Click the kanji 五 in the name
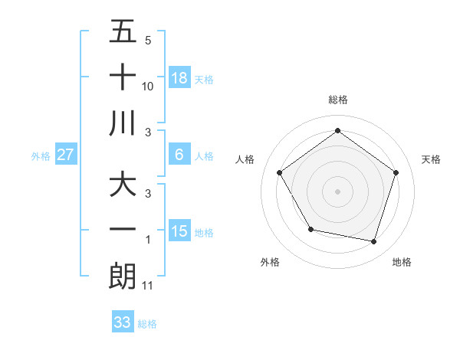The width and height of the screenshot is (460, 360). coord(123,32)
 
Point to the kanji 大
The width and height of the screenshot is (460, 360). coord(123,185)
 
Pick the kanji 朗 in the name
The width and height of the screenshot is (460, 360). coord(123,276)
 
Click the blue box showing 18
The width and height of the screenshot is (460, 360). coord(179,77)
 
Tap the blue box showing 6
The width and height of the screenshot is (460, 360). coord(179,155)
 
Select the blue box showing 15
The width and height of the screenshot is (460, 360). coord(179,231)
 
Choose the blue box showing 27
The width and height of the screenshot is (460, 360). coord(66,155)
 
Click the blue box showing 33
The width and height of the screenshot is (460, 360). coord(123,322)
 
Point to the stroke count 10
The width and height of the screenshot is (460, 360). coord(148,86)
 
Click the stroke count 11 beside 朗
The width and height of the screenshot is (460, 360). coord(148,286)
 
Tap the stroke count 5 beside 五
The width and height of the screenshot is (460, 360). coord(147,41)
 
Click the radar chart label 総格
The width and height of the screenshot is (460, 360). coord(337,100)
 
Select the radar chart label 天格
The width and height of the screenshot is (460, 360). coord(431,159)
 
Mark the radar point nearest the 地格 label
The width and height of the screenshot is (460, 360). coord(373,241)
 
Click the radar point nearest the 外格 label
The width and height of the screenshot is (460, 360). coord(310,229)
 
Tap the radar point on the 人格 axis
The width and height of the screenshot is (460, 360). coord(280,172)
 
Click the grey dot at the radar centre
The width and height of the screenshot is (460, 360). coord(337,191)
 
